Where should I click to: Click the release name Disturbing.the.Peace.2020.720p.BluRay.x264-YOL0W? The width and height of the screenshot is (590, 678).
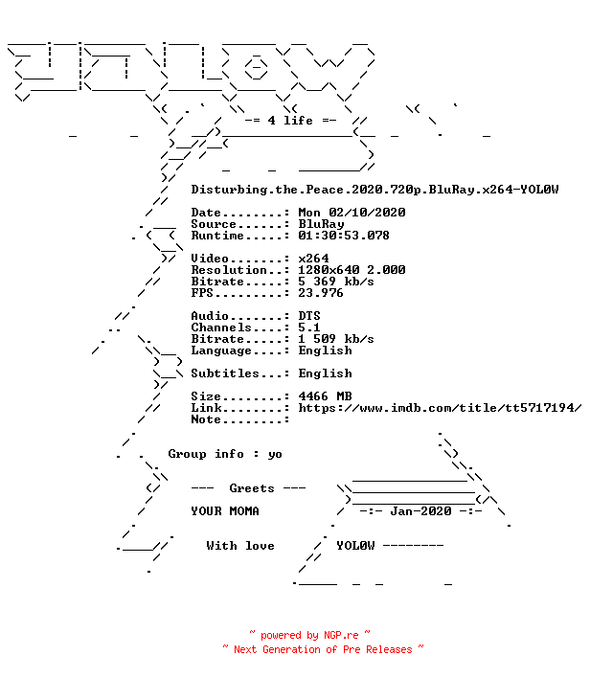coord(374,190)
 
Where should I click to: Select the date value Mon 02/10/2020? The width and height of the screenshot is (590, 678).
coord(352,213)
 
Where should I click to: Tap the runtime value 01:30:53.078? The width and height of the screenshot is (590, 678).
coord(344,236)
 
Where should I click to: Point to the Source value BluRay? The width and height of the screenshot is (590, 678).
coord(321,224)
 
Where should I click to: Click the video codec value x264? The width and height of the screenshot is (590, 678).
coord(313,259)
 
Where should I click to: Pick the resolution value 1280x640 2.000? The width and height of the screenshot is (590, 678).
coord(352,270)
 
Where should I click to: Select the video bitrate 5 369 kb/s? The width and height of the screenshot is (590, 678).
coord(336,282)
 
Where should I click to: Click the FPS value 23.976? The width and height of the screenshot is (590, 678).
coord(321,293)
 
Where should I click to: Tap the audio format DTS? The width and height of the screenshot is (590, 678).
coord(309,316)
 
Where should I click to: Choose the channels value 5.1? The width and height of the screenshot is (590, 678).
coord(308,328)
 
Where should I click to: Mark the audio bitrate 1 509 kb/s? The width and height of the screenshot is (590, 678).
coord(336,339)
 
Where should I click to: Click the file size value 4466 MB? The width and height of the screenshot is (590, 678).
coord(325,396)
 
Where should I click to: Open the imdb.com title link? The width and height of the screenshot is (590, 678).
coord(440,408)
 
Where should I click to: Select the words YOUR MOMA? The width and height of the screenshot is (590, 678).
coord(225,511)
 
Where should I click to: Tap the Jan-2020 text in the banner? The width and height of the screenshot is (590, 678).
coord(420,511)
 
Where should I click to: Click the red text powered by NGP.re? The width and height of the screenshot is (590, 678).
coord(309,635)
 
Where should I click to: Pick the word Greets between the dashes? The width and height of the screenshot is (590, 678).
coord(252,488)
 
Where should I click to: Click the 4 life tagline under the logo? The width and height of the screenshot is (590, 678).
coord(290,121)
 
